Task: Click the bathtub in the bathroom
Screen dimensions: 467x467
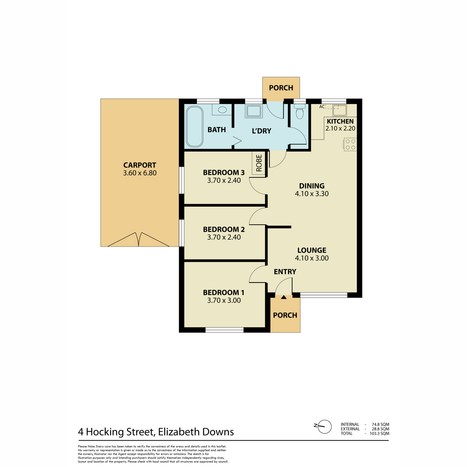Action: tap(195, 126)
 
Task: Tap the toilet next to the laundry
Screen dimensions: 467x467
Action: tap(300, 112)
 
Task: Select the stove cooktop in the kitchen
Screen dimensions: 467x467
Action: tap(350, 145)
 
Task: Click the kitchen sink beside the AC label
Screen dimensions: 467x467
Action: tap(339, 110)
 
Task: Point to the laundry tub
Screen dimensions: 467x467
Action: tap(253, 111)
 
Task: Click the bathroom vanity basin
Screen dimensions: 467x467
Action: tap(222, 109)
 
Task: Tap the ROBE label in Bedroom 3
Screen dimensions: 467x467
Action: tap(259, 163)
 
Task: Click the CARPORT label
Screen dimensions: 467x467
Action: tap(140, 165)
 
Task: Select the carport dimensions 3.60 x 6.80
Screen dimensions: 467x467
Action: tap(140, 173)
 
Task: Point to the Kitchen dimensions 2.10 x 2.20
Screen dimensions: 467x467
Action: tap(340, 128)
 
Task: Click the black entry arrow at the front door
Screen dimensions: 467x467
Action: tap(284, 297)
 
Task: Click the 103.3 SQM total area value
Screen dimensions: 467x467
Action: tap(379, 433)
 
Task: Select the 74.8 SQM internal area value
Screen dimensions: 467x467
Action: tap(381, 424)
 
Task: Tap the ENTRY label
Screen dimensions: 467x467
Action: tap(285, 272)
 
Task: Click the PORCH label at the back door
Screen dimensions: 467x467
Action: tap(281, 88)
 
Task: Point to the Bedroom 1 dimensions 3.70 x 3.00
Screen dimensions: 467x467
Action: tap(224, 300)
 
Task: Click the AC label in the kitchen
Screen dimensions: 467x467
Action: tap(321, 107)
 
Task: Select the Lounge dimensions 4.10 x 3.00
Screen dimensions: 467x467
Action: tap(312, 258)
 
